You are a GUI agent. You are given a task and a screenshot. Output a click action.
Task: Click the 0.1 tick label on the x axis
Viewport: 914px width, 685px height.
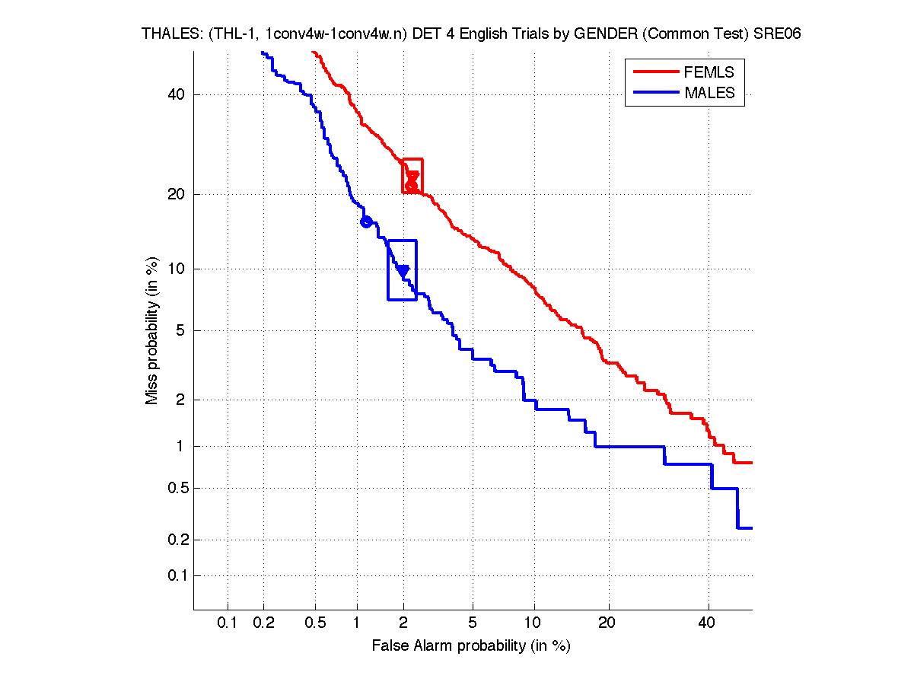[x=228, y=623]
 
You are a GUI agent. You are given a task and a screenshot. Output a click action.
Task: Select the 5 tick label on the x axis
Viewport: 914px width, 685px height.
[x=473, y=623]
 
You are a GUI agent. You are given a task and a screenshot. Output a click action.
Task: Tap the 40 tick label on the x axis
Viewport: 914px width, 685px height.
[x=708, y=623]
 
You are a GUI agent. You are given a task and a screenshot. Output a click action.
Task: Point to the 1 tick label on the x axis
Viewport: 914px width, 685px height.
[x=357, y=623]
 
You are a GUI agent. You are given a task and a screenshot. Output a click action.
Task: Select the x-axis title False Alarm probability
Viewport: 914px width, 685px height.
[x=471, y=646]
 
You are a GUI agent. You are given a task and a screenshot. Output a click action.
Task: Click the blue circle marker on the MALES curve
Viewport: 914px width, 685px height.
[x=366, y=221]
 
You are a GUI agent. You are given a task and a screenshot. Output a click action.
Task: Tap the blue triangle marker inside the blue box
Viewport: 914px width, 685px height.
[x=403, y=270]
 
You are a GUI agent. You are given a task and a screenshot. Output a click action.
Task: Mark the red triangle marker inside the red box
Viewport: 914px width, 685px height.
[x=412, y=177]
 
